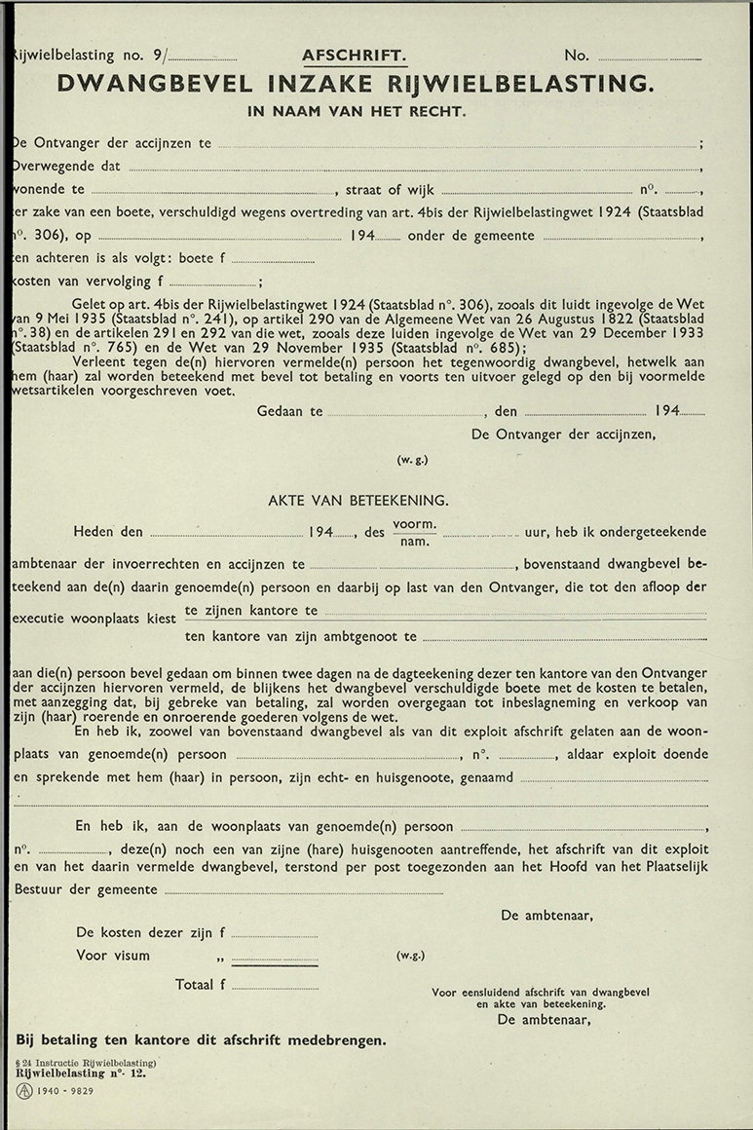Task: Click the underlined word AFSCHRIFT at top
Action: [x=355, y=56]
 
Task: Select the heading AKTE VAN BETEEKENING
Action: [x=358, y=501]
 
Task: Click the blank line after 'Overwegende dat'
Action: [x=414, y=168]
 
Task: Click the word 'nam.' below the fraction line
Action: [x=414, y=542]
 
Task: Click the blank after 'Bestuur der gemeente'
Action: [x=303, y=891]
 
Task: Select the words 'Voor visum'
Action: [x=113, y=956]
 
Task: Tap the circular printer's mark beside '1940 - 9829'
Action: [x=24, y=1091]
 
